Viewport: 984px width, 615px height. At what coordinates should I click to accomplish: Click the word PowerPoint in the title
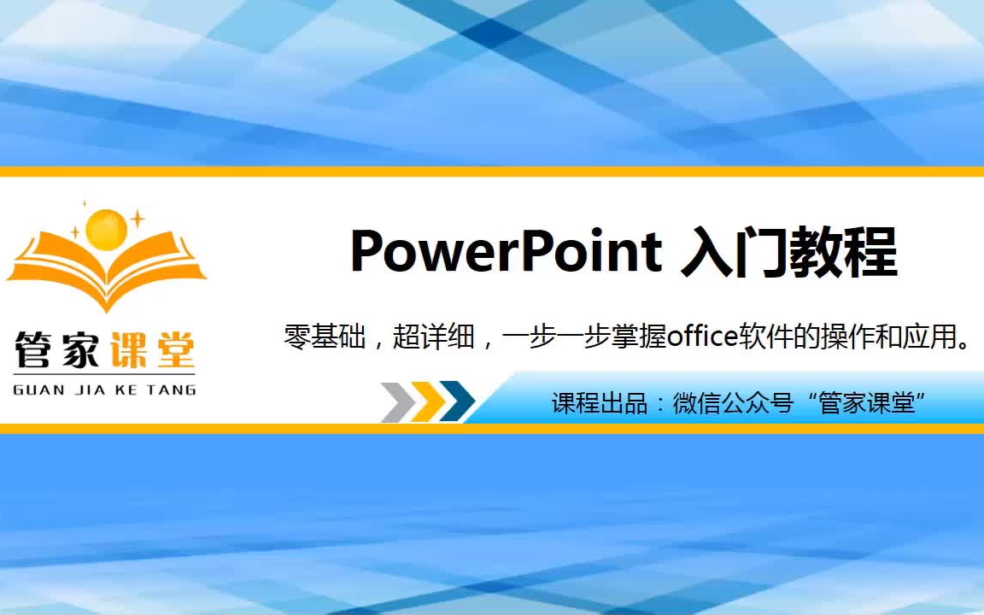[x=506, y=251]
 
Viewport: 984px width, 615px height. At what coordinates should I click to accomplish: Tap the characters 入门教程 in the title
[x=789, y=252]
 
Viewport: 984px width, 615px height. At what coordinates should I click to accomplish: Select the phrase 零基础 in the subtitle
[x=325, y=337]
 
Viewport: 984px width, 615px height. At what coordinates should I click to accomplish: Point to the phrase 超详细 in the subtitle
[x=434, y=337]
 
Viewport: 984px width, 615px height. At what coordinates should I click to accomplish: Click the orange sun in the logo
[x=106, y=230]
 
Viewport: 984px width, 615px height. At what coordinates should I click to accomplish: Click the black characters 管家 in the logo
[x=57, y=349]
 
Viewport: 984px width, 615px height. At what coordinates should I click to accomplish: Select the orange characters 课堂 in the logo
[x=153, y=349]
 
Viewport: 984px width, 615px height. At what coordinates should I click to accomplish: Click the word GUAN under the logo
[x=39, y=390]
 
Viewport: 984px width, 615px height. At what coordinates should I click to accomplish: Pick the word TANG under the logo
[x=172, y=390]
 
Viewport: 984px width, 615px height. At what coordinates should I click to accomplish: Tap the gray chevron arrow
[x=399, y=401]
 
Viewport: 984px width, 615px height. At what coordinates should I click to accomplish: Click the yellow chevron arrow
[x=428, y=401]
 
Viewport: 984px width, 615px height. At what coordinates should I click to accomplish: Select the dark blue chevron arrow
[x=458, y=401]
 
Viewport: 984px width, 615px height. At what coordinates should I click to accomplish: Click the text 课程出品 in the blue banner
[x=600, y=403]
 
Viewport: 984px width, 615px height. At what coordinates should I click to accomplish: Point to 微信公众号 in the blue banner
[x=733, y=403]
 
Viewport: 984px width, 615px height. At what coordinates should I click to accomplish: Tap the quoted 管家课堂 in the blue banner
[x=867, y=402]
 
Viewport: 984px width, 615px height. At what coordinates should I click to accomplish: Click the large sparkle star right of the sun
[x=137, y=219]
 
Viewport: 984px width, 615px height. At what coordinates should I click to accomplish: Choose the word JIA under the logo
[x=90, y=390]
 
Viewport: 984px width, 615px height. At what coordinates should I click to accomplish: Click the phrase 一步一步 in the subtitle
[x=557, y=337]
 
